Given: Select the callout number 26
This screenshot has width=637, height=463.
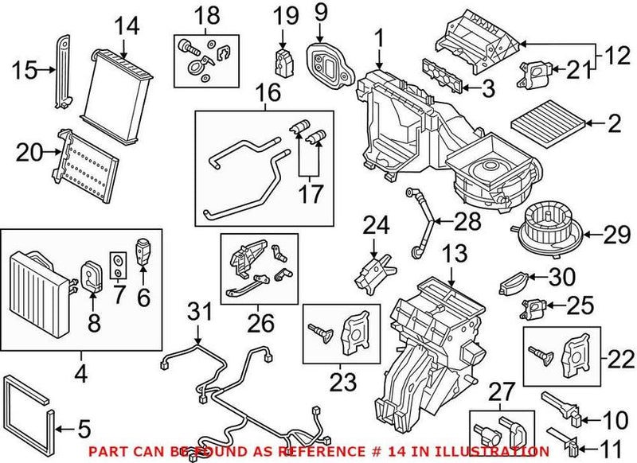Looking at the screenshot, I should pos(260,324).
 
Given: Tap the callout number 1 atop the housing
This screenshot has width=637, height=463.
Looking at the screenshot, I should pos(380,37).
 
